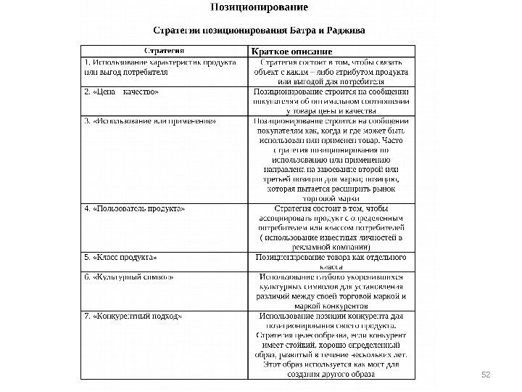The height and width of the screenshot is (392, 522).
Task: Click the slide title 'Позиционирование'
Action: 259,8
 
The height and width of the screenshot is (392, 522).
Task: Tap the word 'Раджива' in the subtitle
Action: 345,31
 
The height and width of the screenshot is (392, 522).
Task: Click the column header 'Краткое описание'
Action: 291,52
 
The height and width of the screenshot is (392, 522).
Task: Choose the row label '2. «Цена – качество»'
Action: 122,92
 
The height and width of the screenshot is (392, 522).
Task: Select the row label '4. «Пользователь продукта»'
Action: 134,209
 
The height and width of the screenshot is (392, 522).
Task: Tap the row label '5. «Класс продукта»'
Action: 120,258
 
